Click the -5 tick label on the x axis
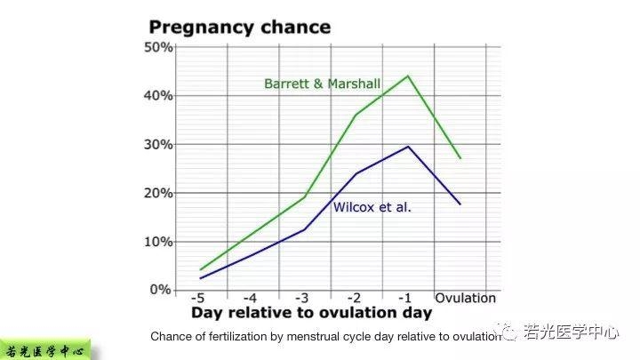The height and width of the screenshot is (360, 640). tap(201, 297)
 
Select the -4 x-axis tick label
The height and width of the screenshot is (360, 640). tap(252, 297)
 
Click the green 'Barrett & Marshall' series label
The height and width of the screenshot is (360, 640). tap(322, 84)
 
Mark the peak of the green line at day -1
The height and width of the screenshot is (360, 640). tap(407, 76)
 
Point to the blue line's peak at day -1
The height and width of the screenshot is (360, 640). tap(407, 147)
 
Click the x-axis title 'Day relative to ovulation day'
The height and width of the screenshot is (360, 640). tap(311, 313)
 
